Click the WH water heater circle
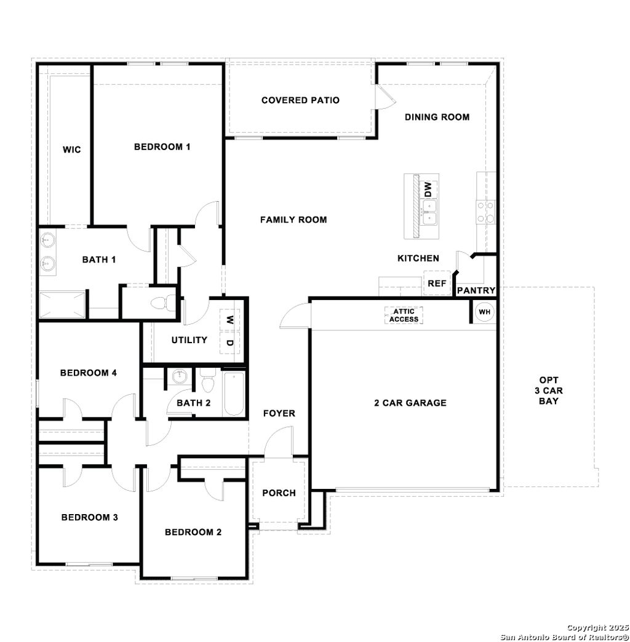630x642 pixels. tap(485, 312)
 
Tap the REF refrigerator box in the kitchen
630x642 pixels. tap(436, 283)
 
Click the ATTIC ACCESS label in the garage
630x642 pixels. tap(404, 315)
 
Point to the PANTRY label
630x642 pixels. tap(476, 290)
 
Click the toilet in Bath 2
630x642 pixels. tap(207, 383)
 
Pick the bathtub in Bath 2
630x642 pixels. tap(234, 393)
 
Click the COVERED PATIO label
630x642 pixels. tap(300, 100)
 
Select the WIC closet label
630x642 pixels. tap(71, 149)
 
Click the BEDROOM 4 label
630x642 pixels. tap(89, 373)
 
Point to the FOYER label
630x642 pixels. tap(279, 413)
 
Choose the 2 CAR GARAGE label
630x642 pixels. tap(410, 403)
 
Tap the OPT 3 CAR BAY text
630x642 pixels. tap(549, 390)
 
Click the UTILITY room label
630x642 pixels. tap(189, 340)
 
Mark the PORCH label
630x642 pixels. tap(279, 493)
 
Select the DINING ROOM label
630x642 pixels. tap(437, 117)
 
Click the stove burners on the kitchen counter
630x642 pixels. tap(486, 212)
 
